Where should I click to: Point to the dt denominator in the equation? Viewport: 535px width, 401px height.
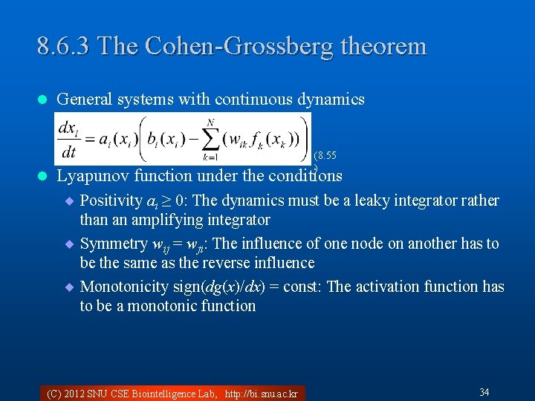pyautogui.click(x=68, y=152)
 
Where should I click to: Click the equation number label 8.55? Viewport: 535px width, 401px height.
pyautogui.click(x=325, y=156)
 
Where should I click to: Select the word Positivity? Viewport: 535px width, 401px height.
pyautogui.click(x=111, y=200)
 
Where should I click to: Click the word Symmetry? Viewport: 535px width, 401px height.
pyautogui.click(x=114, y=244)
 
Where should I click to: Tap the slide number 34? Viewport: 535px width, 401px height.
pyautogui.click(x=484, y=392)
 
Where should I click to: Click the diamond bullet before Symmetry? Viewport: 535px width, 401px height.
pyautogui.click(x=71, y=244)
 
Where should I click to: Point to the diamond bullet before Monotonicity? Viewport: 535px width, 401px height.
pyautogui.click(x=71, y=287)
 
